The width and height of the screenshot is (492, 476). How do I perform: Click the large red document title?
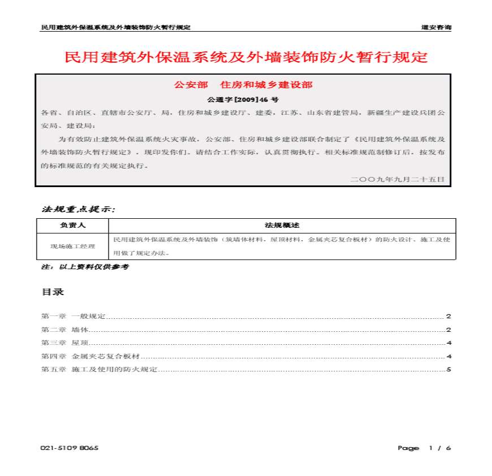click(246, 58)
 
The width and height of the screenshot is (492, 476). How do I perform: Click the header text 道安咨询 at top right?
click(436, 27)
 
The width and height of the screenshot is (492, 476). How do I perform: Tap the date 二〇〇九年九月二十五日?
click(398, 179)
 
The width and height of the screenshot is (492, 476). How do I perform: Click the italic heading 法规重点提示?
click(79, 209)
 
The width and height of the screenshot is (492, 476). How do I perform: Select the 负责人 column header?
click(72, 225)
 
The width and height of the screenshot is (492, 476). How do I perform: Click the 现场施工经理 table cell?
click(72, 246)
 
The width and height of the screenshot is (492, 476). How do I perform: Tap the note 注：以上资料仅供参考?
click(85, 266)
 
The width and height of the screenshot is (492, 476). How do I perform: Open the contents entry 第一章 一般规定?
click(74, 316)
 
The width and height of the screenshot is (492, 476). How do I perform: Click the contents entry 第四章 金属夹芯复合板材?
click(90, 357)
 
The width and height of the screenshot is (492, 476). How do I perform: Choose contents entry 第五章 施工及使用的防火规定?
click(99, 370)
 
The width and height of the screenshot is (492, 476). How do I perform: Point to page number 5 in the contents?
click(448, 370)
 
